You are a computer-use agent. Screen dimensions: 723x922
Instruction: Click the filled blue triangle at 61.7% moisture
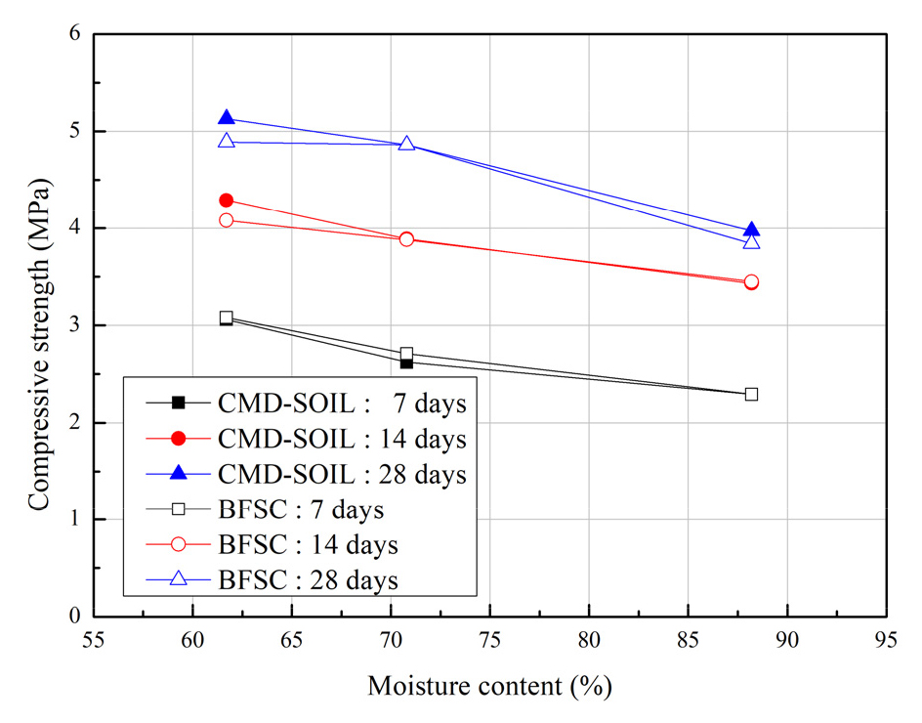tap(227, 118)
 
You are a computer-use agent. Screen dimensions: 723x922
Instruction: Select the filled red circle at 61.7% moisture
tap(227, 200)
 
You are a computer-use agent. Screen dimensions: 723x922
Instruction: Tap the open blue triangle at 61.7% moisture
tap(227, 141)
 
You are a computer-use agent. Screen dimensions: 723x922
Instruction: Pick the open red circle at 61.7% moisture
tap(227, 220)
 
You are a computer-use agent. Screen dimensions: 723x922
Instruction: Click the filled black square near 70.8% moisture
tap(406, 362)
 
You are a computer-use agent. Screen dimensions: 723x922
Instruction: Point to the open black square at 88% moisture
tap(751, 394)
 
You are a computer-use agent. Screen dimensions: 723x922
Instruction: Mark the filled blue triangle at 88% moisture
tap(751, 231)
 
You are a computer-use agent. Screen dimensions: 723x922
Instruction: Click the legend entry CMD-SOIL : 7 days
tap(306, 402)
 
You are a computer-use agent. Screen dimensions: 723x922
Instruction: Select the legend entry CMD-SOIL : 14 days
tap(306, 438)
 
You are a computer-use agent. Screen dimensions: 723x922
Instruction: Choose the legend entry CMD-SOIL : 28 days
tap(306, 473)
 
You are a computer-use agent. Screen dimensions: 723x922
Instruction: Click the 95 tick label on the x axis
tap(887, 642)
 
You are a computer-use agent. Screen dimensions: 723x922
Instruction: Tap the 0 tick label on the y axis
tap(74, 617)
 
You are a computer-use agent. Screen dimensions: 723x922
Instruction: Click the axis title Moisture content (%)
tap(489, 687)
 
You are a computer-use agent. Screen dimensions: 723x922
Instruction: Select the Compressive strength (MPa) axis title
tap(38, 345)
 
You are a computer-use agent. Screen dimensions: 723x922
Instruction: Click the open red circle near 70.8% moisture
tap(406, 238)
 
